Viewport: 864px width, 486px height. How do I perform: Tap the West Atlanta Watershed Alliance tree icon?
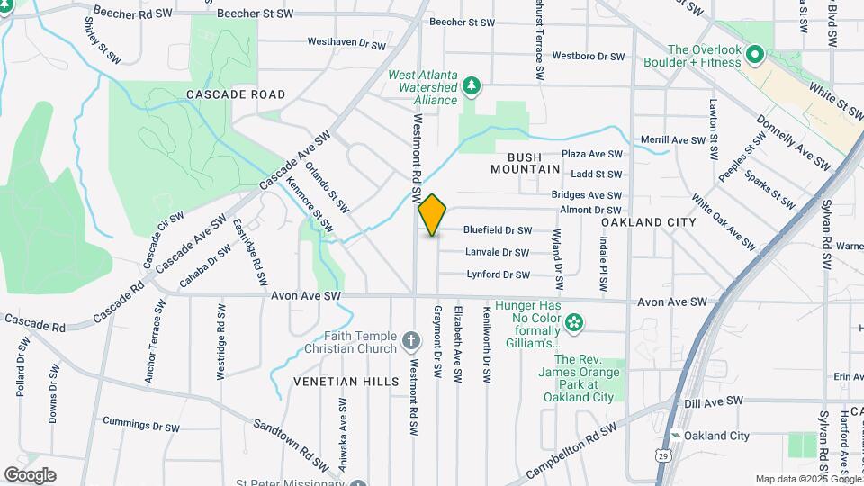tap(472, 86)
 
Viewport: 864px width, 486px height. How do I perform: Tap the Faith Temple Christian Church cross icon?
tap(410, 340)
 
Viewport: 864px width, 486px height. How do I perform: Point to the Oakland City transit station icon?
tap(675, 436)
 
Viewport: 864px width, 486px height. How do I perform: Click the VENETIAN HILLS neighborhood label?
tap(346, 382)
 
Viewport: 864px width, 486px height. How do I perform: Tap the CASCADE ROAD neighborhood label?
tap(236, 94)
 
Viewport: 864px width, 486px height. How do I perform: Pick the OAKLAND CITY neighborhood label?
tap(648, 222)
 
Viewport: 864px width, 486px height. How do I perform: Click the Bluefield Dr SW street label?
tap(498, 230)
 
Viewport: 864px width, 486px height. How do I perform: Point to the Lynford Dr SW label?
tap(498, 274)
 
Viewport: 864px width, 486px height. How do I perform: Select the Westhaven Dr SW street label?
tap(346, 43)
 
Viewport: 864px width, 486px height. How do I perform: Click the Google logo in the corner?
tap(30, 474)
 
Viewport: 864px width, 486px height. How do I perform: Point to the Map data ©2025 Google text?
tap(807, 479)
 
